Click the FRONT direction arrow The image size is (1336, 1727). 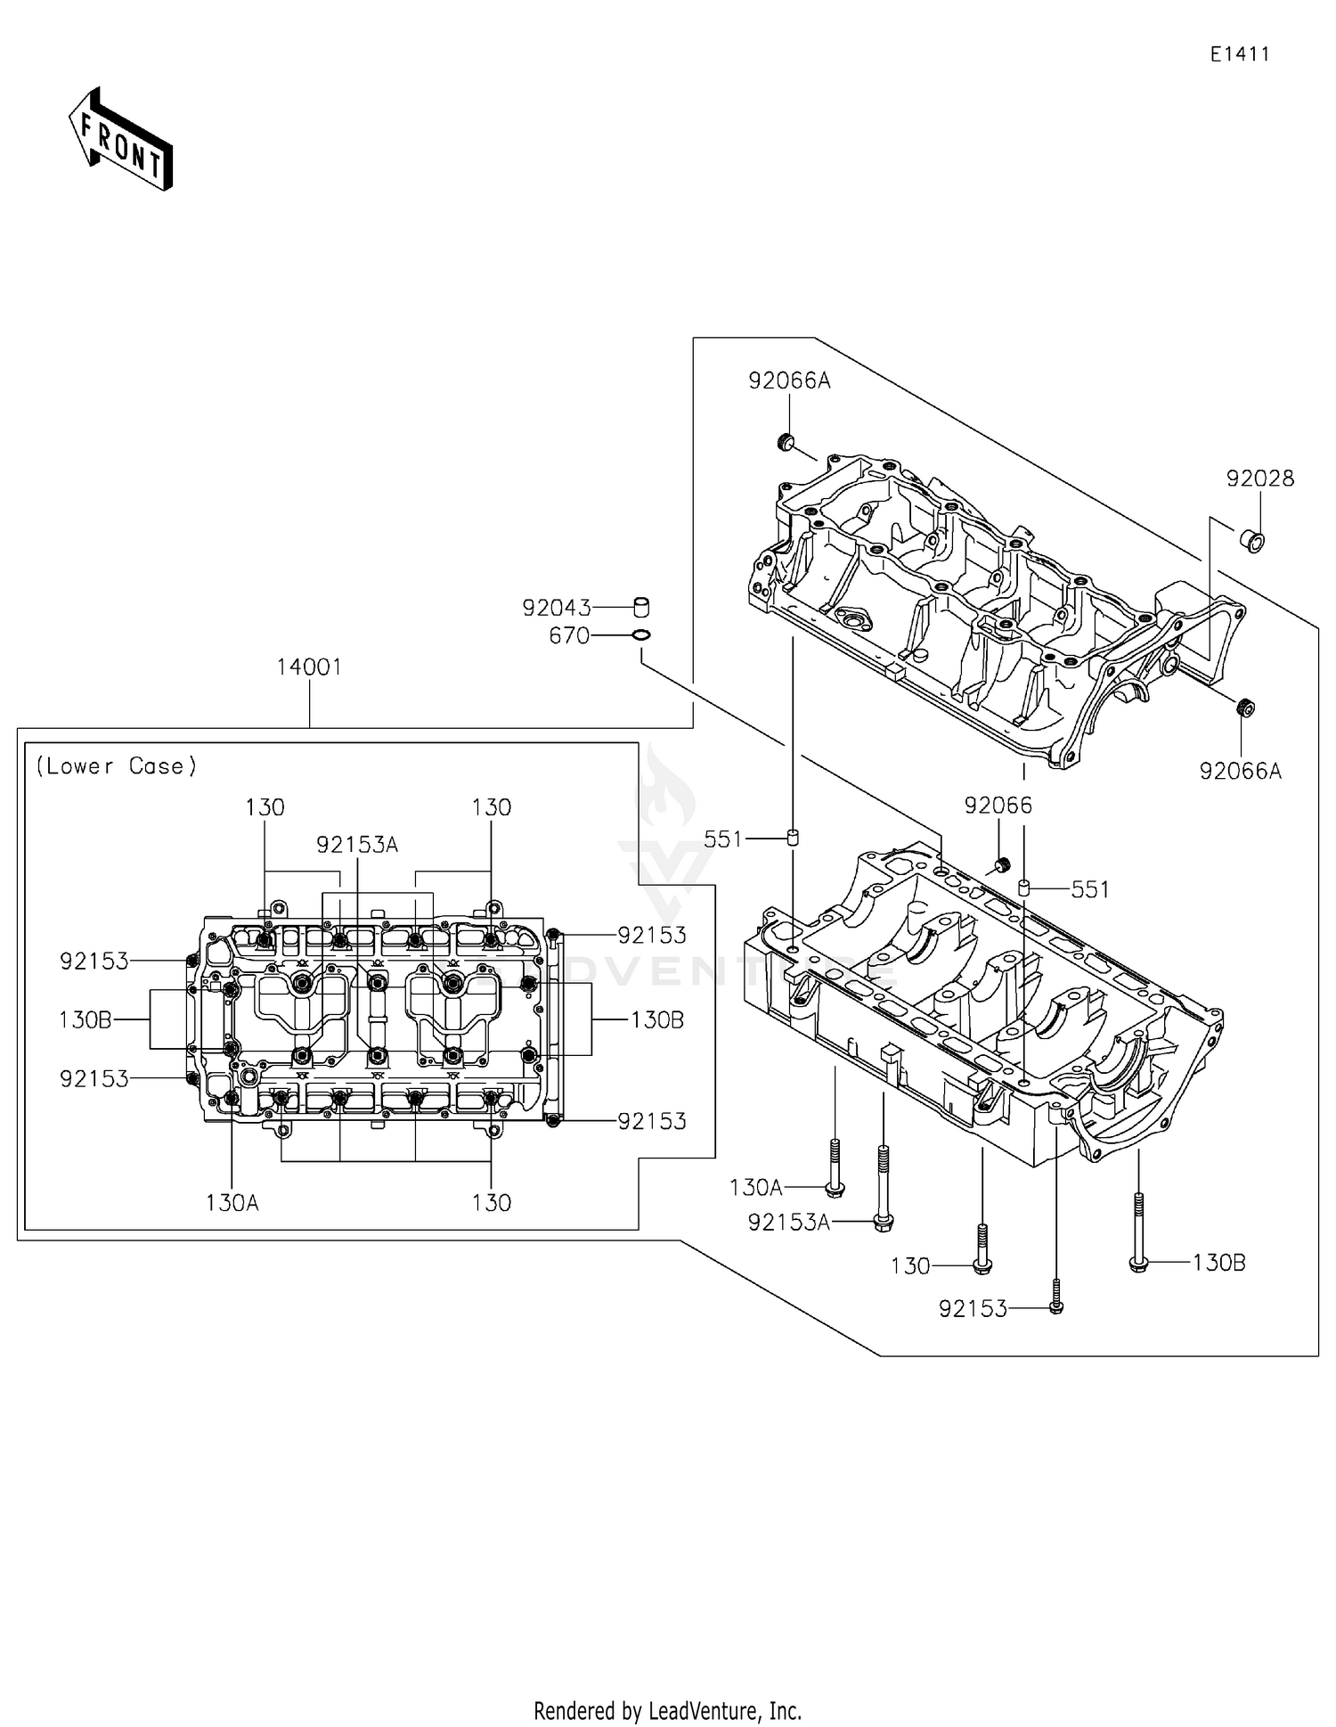click(120, 139)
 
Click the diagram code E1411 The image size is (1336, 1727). click(1240, 54)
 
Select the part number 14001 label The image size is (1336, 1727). click(309, 667)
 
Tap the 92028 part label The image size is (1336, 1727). click(1259, 479)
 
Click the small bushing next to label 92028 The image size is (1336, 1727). click(1252, 540)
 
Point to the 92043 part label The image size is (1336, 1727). click(557, 609)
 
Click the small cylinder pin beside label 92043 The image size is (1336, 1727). click(640, 607)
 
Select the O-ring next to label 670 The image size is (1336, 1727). click(640, 635)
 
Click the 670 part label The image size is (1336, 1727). click(570, 636)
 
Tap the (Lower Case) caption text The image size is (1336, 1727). click(116, 766)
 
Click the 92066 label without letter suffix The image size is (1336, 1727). click(998, 806)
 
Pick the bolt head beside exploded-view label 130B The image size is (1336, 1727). click(1137, 1265)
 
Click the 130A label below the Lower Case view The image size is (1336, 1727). click(232, 1203)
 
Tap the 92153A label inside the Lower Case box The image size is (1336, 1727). click(357, 845)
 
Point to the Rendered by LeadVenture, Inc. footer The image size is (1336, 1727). click(668, 1711)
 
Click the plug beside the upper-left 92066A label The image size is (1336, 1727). click(786, 441)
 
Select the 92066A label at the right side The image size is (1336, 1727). click(1241, 772)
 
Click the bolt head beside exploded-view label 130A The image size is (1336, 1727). click(835, 1188)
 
